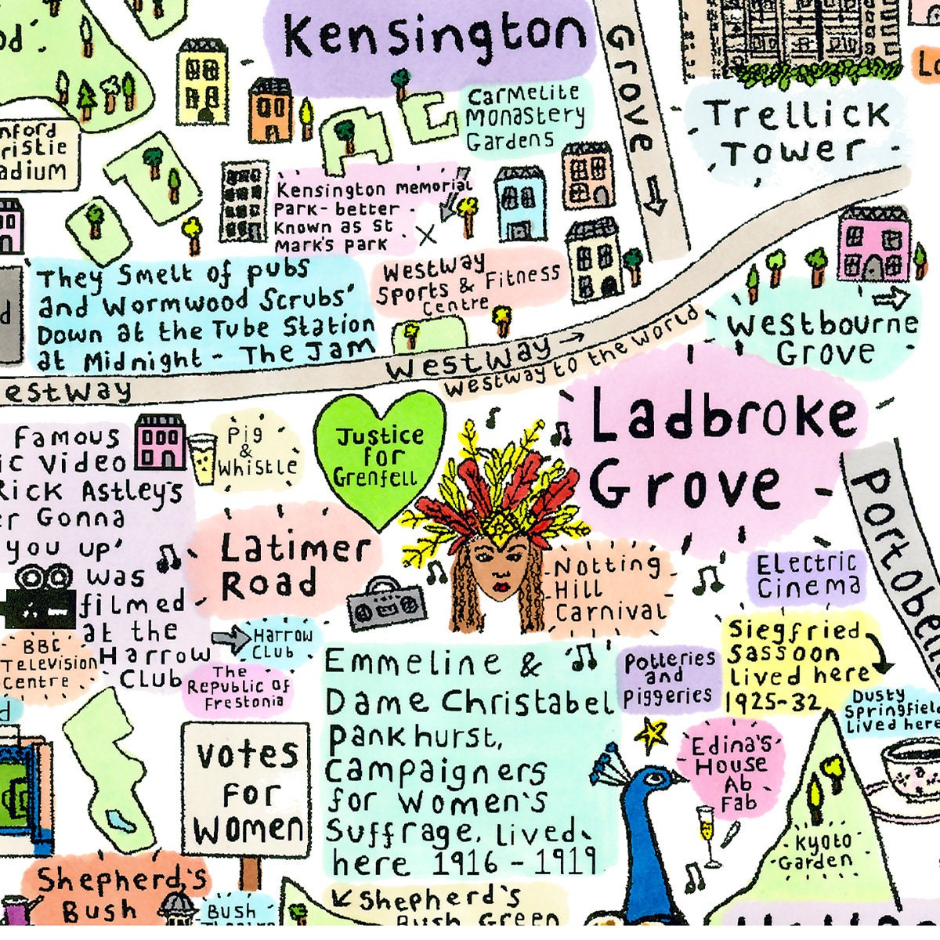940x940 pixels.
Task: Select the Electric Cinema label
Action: coord(808,575)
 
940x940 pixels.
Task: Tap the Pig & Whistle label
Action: coord(258,453)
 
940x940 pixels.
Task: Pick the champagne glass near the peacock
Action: coord(707,834)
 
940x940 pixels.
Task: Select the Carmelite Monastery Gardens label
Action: coord(526,118)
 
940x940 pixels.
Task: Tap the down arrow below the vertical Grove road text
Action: coord(656,203)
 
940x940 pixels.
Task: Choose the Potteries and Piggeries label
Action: coord(669,678)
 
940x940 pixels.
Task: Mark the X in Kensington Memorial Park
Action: coord(427,233)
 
